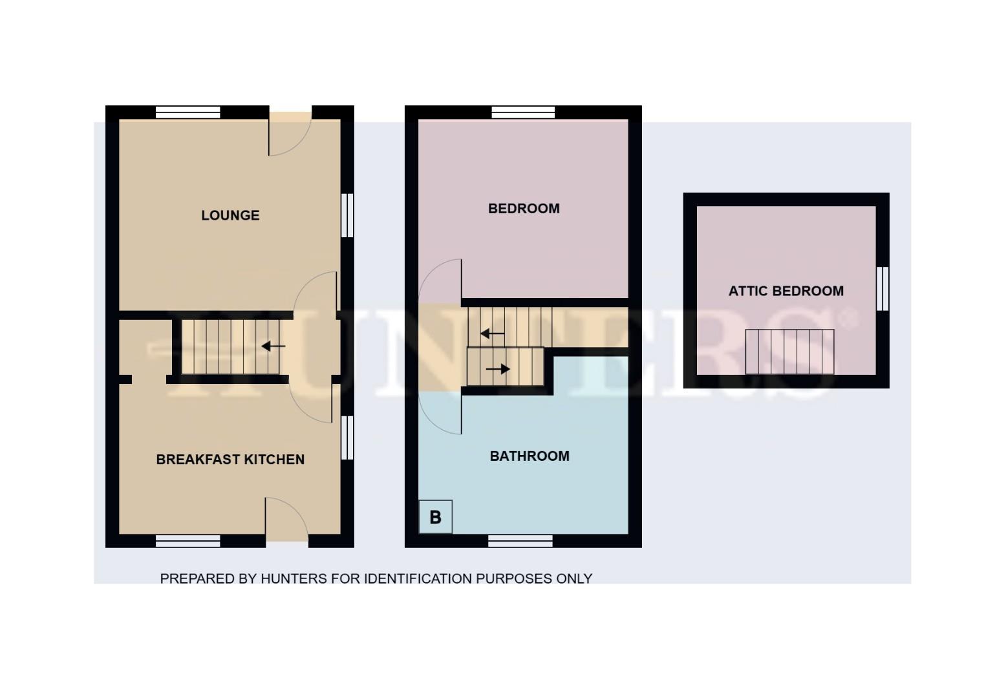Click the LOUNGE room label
[x=230, y=215]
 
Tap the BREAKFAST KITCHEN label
[x=230, y=460]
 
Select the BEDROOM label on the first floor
[x=524, y=209]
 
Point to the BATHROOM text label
[x=530, y=456]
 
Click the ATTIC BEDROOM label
[x=786, y=291]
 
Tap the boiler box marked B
[x=435, y=517]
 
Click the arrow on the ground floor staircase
[x=273, y=346]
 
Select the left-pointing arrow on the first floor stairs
[x=492, y=334]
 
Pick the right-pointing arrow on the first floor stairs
[x=498, y=369]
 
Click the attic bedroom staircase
[x=789, y=352]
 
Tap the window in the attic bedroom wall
[x=883, y=288]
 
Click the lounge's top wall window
[x=188, y=112]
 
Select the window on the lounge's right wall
[x=347, y=215]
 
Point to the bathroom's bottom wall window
[x=520, y=540]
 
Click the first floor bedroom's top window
[x=523, y=112]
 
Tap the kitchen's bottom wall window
[x=188, y=540]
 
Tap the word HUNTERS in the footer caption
[x=294, y=579]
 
